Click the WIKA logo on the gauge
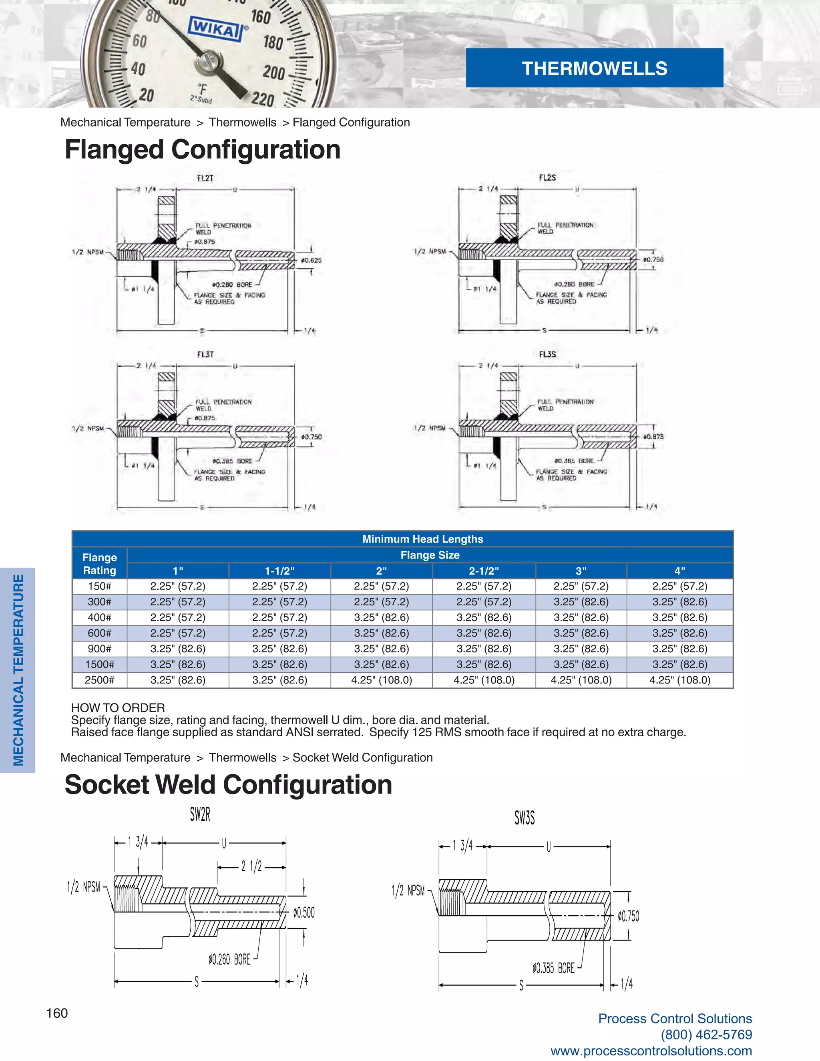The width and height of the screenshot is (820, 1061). pyautogui.click(x=215, y=30)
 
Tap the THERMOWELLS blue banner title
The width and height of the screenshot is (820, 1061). pyautogui.click(x=594, y=68)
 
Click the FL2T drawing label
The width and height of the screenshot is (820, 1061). pyautogui.click(x=205, y=178)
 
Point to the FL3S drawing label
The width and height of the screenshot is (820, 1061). pyautogui.click(x=547, y=355)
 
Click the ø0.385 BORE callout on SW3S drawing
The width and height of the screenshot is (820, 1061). pyautogui.click(x=553, y=968)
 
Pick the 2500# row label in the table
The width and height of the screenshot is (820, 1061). pyautogui.click(x=100, y=680)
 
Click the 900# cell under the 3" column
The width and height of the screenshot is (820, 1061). pyautogui.click(x=581, y=649)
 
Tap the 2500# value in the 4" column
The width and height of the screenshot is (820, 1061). pyautogui.click(x=679, y=680)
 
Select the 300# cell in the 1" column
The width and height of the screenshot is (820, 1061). pyautogui.click(x=178, y=602)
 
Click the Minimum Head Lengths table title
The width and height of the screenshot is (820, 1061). pyautogui.click(x=423, y=539)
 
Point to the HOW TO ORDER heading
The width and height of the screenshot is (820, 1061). pyautogui.click(x=118, y=708)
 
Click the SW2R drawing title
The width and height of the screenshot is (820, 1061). pyautogui.click(x=200, y=815)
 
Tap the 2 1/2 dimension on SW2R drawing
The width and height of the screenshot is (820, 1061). pyautogui.click(x=251, y=866)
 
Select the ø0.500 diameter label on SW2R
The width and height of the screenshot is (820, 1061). pyautogui.click(x=303, y=913)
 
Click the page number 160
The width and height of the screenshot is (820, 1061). pyautogui.click(x=57, y=1013)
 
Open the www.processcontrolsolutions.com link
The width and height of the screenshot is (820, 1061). pyautogui.click(x=651, y=1051)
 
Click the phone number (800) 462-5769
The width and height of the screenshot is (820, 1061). pyautogui.click(x=706, y=1035)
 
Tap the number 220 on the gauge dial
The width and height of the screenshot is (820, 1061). pyautogui.click(x=263, y=99)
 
